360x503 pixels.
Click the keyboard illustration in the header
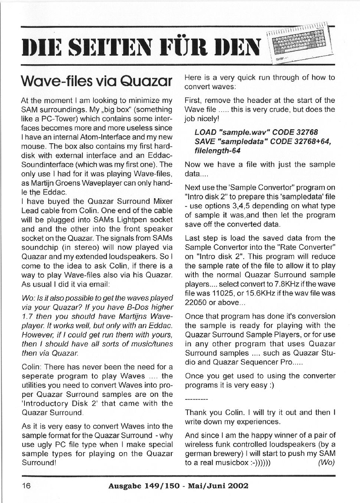click(x=301, y=44)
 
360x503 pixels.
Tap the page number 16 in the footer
click(x=26, y=486)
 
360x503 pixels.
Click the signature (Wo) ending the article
click(x=327, y=463)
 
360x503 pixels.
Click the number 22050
click(x=197, y=302)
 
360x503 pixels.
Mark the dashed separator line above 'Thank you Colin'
click(x=196, y=400)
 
